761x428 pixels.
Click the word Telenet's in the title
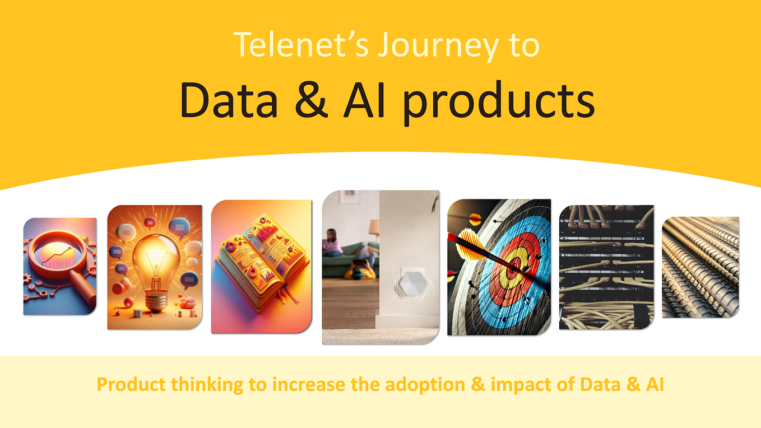300,45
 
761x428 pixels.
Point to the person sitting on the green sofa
332,242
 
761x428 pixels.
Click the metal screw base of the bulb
155,303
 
